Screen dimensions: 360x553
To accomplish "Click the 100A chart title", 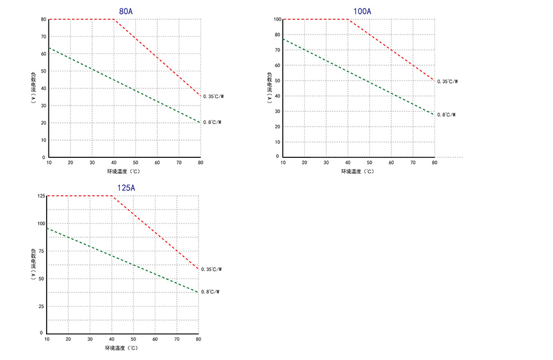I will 362,11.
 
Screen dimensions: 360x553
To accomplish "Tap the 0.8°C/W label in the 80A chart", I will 211,122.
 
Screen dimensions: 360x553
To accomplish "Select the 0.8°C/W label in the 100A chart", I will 446,115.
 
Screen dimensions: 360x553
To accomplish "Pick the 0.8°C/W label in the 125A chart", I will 210,292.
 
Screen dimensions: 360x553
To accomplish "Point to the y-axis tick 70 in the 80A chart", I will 43,37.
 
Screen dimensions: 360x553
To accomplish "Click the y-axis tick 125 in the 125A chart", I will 41,196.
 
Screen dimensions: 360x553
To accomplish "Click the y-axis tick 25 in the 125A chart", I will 42,305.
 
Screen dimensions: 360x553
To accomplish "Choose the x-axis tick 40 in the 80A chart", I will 114,163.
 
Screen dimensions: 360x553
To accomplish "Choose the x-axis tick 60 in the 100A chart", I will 391,163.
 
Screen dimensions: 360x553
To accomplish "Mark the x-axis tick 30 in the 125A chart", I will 90,339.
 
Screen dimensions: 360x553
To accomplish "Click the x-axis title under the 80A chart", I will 125,171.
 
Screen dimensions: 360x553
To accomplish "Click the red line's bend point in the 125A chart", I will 112,196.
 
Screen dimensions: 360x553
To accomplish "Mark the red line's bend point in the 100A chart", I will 348,20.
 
